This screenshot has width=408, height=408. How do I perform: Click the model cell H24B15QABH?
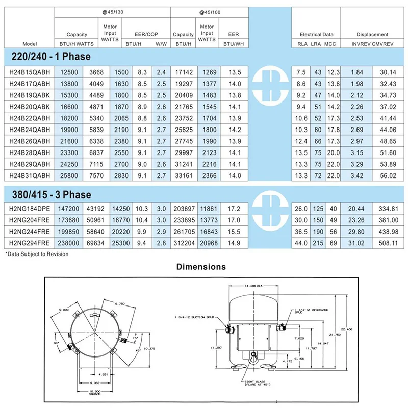[x=30, y=72]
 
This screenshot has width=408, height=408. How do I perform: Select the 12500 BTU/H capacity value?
[x=68, y=72]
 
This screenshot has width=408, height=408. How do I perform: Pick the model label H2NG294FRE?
[x=30, y=243]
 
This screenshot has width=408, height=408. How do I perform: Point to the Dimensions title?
[x=200, y=266]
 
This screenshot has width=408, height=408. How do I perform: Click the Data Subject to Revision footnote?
[x=37, y=253]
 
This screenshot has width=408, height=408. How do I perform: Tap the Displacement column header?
[x=372, y=34]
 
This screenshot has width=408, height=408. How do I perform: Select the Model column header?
[x=29, y=43]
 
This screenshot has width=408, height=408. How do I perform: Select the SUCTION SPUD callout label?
[x=196, y=317]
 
